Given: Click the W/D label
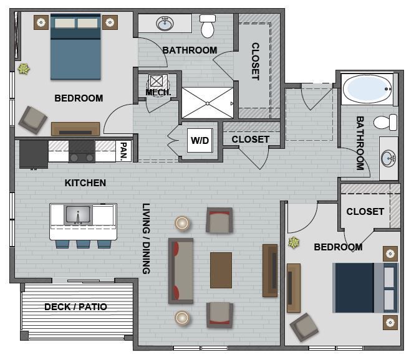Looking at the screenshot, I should click(200, 141).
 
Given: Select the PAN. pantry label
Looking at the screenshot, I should click(124, 151).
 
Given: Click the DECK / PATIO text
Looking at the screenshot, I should click(75, 307).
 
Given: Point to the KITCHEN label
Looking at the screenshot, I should click(85, 183).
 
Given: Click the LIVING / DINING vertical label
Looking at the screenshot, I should click(147, 239).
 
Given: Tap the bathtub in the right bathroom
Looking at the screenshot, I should click(368, 90).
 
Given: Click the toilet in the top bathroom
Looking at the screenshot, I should click(208, 26).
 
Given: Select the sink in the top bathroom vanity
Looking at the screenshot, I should click(165, 24).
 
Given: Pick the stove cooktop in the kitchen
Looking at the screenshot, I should click(82, 151).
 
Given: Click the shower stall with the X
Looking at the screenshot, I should click(208, 103).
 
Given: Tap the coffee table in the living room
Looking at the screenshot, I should click(221, 270).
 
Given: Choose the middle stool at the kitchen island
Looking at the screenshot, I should click(83, 243).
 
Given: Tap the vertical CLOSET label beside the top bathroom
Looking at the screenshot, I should click(255, 61).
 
